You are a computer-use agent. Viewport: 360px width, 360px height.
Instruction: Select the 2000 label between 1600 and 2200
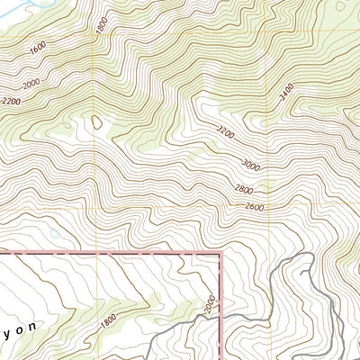31,84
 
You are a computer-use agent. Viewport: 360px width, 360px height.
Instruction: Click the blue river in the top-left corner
18,9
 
